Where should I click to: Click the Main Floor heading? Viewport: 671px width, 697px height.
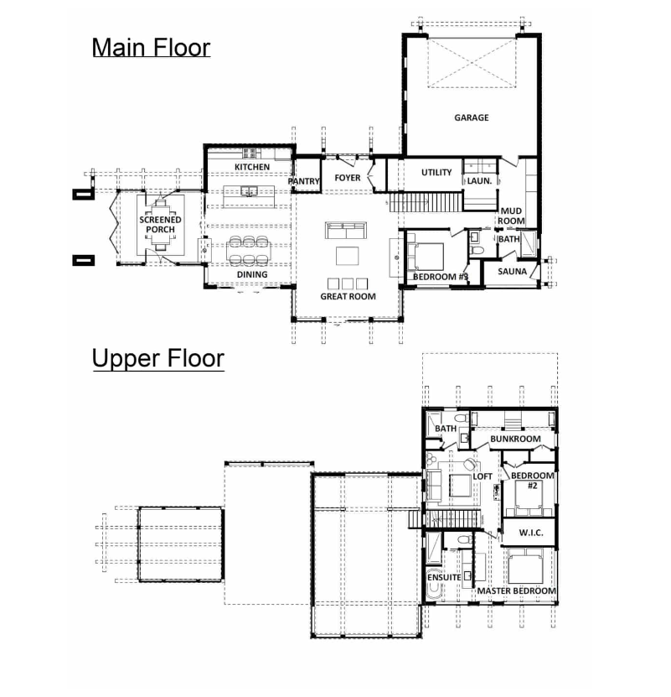coord(151,48)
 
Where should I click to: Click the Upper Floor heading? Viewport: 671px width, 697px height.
coord(158,358)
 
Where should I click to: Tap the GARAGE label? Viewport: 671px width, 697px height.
coord(471,117)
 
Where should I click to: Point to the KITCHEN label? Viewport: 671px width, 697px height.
coord(252,167)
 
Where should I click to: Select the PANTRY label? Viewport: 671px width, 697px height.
coord(304,181)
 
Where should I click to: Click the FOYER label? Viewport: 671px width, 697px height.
coord(348,178)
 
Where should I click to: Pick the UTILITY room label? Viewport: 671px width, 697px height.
coord(436,173)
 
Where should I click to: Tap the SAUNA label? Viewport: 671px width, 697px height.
coord(512,272)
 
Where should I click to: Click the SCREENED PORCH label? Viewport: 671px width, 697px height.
coord(160,225)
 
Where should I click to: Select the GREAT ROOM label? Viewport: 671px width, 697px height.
coord(348,296)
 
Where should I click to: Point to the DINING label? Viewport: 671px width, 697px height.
coord(252,275)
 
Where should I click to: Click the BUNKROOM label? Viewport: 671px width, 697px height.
coord(515,440)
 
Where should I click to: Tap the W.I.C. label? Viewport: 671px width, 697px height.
coord(530,533)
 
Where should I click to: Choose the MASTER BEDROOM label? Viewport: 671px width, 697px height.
coord(517,591)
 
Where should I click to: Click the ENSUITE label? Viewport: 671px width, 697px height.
coord(444,577)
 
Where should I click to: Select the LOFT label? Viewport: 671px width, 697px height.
coord(483,476)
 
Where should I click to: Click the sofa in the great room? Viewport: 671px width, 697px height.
coord(346,231)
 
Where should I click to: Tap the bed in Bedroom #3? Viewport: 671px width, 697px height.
coord(425,257)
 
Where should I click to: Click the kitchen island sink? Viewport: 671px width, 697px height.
coord(249,191)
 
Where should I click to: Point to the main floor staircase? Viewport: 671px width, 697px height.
coord(426,202)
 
